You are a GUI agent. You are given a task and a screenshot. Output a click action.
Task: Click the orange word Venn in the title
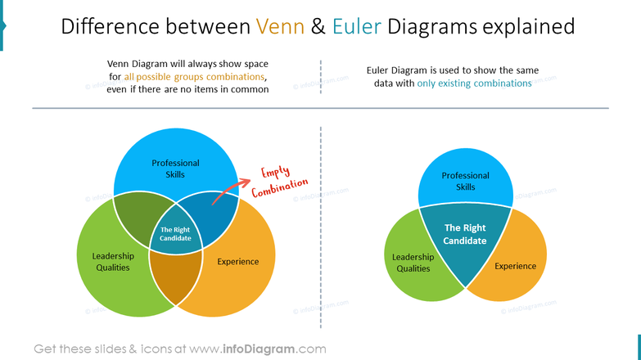click(x=282, y=27)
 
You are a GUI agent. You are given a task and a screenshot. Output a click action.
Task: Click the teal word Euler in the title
click(x=356, y=27)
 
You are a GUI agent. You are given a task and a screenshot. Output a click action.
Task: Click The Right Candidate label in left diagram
click(x=175, y=234)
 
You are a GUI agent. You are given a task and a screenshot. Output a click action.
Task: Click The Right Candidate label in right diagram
click(x=464, y=234)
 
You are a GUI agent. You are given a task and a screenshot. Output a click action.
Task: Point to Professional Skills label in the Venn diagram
click(x=175, y=169)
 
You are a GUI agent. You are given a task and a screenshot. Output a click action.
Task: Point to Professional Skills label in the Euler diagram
click(x=465, y=181)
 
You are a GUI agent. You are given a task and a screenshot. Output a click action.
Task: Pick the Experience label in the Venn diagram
click(x=237, y=262)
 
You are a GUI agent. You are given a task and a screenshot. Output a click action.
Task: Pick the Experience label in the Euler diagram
click(x=515, y=266)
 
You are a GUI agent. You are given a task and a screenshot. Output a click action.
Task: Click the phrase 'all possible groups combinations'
click(x=195, y=76)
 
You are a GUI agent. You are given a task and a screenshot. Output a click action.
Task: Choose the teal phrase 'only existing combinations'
click(x=474, y=83)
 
